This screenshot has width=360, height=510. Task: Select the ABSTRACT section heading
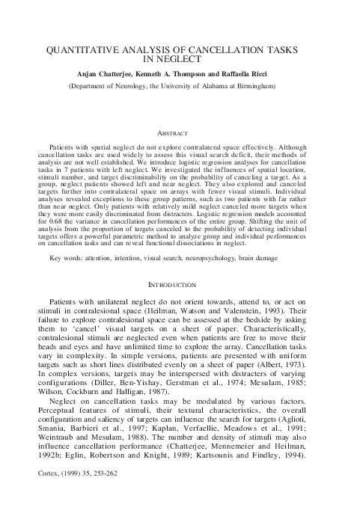pos(180,132)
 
